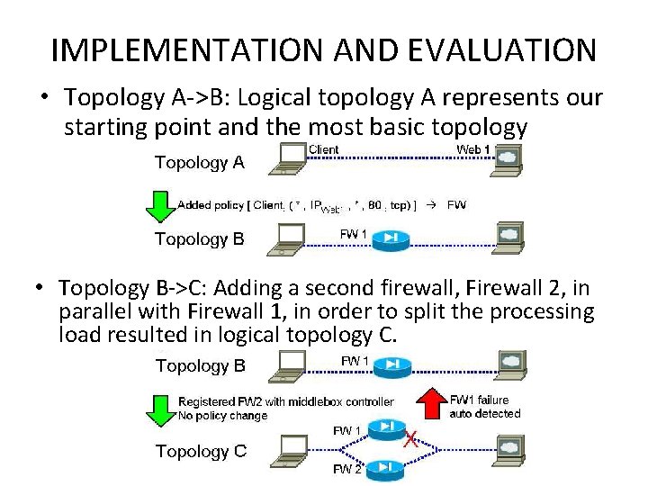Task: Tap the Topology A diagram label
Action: pos(199,163)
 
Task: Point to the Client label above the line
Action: pos(323,149)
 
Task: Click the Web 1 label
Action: pos(473,149)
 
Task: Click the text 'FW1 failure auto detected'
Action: pos(485,407)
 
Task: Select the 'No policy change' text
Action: pos(222,416)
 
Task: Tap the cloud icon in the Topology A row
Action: pos(508,157)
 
